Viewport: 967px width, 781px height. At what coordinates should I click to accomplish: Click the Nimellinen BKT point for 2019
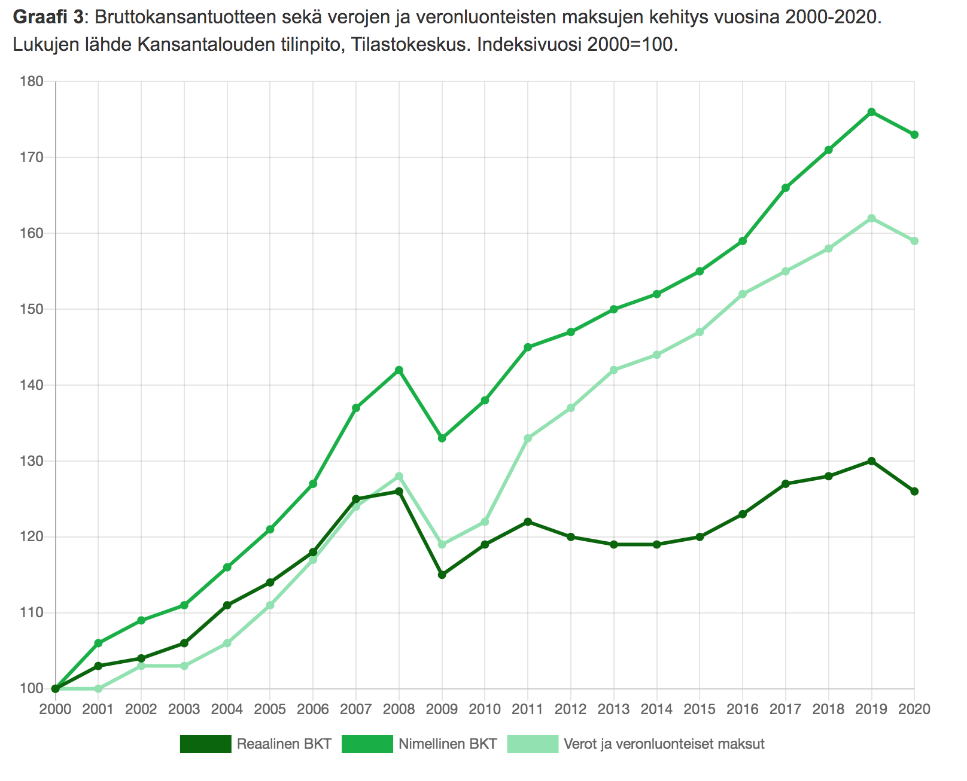coord(871,112)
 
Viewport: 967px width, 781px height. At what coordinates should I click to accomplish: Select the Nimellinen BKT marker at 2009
coord(442,438)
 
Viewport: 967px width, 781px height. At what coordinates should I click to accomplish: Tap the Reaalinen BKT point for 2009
coord(442,575)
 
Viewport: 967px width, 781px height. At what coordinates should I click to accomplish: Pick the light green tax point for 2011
coord(528,438)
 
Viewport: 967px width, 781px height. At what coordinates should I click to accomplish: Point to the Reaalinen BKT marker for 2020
coord(914,492)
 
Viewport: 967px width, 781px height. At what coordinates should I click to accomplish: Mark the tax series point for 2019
coord(871,218)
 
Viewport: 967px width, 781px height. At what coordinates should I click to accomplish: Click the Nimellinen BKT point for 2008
coord(399,370)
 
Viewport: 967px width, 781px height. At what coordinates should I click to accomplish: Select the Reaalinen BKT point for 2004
coord(227,605)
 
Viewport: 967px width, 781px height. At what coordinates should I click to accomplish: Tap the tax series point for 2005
coord(270,605)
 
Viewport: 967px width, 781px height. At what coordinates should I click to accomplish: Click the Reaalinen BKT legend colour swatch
coord(205,745)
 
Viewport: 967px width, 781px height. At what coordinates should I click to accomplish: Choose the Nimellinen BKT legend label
coord(448,745)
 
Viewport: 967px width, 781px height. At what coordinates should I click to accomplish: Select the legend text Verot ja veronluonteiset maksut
coord(664,745)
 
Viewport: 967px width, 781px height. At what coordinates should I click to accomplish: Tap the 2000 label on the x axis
coord(55,709)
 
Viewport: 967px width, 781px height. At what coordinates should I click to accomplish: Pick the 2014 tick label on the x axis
coord(656,709)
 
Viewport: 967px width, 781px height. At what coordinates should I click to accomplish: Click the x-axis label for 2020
coord(914,709)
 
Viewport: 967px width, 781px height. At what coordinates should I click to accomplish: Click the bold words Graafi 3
coord(48,17)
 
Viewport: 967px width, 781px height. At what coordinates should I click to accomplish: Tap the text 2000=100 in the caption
coord(631,44)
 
